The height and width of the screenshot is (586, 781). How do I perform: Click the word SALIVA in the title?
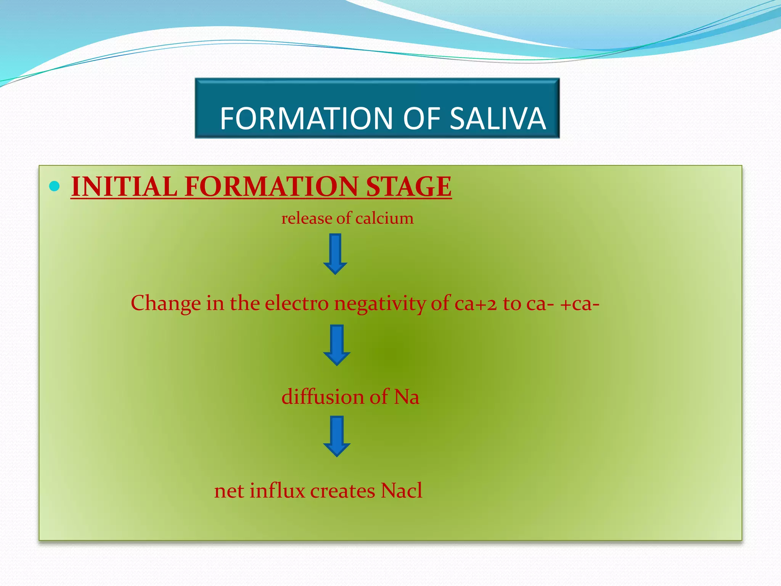[x=498, y=118]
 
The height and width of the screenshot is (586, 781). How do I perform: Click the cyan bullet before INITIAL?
[x=55, y=186]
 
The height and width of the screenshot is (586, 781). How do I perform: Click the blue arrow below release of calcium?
[x=335, y=254]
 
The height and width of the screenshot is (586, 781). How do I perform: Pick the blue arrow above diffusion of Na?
[x=336, y=345]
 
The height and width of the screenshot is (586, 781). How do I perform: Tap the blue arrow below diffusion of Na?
[x=336, y=436]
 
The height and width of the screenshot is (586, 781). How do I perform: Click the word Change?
[x=166, y=304]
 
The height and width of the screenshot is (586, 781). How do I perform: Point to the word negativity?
[x=380, y=304]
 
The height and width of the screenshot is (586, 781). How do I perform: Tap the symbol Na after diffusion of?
[x=407, y=397]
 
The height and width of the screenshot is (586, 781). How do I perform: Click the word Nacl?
[x=401, y=491]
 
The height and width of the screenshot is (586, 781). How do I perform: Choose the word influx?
[x=277, y=491]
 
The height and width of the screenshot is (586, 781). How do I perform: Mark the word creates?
[x=342, y=491]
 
